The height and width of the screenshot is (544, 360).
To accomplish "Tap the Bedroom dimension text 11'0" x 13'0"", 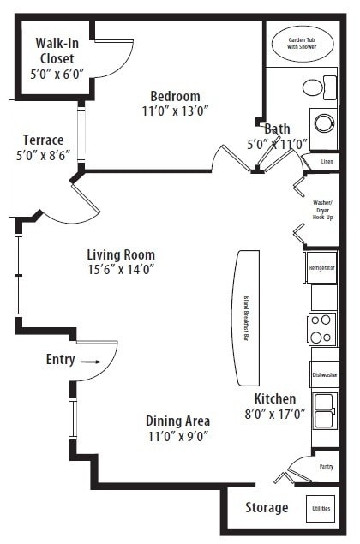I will [x=175, y=111].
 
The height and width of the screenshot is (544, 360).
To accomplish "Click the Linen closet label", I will [x=326, y=161].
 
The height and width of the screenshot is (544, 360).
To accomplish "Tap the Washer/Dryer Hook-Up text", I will [x=322, y=210].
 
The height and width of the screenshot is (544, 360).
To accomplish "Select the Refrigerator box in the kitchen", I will [x=322, y=267].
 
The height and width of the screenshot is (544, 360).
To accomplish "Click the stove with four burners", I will [x=322, y=327].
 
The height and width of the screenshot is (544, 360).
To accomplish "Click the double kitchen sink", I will [x=324, y=411].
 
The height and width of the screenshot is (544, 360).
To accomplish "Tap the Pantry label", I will [x=326, y=467].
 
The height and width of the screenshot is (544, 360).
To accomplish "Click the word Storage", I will [x=267, y=508].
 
